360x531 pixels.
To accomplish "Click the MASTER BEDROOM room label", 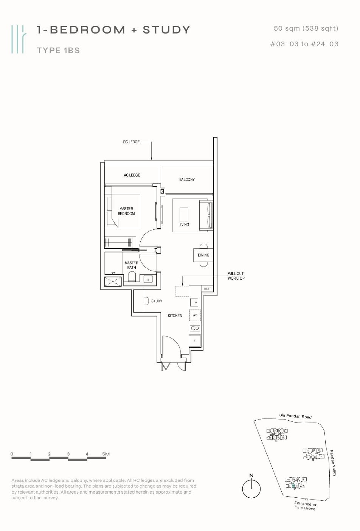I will click(126, 211).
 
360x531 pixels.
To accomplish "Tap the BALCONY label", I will click(187, 180).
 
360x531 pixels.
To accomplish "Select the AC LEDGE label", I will click(132, 175).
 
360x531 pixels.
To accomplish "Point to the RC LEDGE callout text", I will click(131, 142).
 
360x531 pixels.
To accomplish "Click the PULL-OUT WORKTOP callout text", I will click(236, 276).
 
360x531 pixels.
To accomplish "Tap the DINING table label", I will click(203, 255).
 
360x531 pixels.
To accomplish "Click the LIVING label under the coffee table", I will click(184, 224).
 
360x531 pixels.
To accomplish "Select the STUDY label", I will click(157, 301).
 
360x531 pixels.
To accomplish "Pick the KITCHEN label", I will click(175, 316).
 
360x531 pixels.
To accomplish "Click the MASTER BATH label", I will click(132, 265).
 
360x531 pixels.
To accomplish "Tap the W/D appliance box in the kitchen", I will click(195, 315).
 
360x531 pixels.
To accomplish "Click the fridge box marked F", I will click(195, 341).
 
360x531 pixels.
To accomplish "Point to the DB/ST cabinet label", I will click(207, 289).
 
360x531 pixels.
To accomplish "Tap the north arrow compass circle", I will click(251, 489).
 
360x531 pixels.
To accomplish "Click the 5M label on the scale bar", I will click(106, 454).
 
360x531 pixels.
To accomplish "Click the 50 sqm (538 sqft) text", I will click(306, 28).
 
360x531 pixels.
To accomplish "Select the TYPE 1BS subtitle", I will click(58, 50).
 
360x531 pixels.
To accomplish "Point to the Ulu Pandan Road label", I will click(295, 416).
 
